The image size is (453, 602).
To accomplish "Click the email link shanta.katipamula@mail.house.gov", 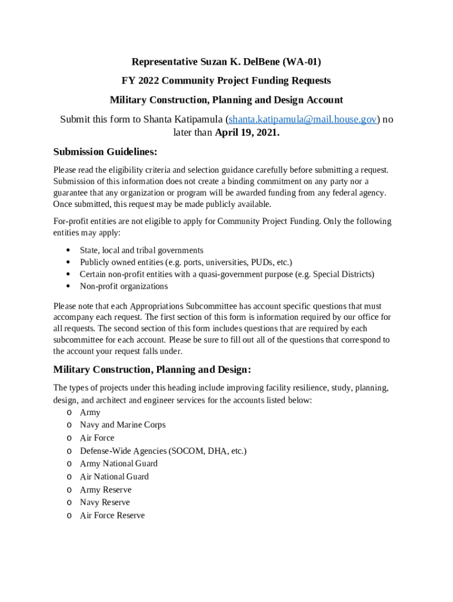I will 302,119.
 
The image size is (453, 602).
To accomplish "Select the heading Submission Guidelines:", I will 105,152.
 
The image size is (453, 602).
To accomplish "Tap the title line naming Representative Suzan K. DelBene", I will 226,62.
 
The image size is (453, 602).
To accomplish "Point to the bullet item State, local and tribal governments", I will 142,250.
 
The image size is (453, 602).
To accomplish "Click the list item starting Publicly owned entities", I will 186,262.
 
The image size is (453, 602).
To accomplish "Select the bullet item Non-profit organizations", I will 124,286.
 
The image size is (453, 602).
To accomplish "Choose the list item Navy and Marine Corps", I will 122,424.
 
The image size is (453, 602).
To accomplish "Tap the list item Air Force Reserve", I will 112,515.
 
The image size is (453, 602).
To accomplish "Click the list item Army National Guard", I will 119,463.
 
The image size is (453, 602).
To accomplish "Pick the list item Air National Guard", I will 114,476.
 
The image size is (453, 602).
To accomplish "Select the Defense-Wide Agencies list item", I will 163,451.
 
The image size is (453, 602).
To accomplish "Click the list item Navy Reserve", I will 105,502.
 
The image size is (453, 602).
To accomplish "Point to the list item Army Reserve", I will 105,490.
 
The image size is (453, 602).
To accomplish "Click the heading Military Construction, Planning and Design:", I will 152,370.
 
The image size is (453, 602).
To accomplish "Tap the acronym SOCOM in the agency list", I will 186,451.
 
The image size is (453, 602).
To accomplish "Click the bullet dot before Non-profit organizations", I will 70,286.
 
